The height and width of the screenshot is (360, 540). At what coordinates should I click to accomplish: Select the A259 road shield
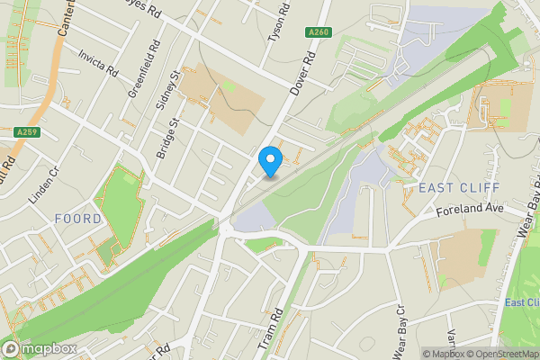coord(26,132)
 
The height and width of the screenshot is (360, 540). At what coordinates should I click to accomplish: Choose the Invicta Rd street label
coord(98,63)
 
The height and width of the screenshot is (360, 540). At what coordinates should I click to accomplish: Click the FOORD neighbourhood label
coord(77,219)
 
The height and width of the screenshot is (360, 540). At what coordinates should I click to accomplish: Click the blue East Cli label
coord(521,302)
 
